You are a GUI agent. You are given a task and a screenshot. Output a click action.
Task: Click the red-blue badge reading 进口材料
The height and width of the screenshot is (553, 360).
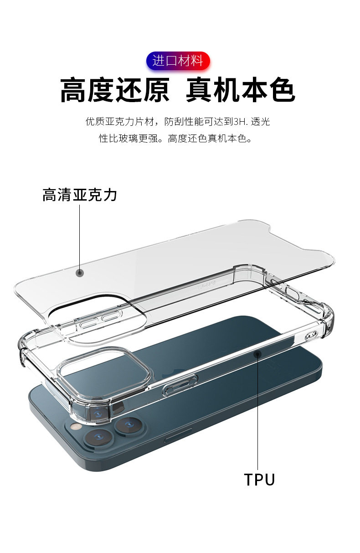pos(178,61)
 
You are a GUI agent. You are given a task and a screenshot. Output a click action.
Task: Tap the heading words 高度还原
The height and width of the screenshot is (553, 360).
pos(115,90)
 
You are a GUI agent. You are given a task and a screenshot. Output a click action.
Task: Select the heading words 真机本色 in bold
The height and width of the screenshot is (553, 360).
pos(241,90)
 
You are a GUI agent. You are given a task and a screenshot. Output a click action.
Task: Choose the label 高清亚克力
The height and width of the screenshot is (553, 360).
pos(80,195)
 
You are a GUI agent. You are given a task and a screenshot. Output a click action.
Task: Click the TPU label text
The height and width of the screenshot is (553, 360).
pos(259,480)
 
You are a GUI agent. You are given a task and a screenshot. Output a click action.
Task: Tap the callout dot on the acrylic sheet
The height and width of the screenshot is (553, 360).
pos(80,273)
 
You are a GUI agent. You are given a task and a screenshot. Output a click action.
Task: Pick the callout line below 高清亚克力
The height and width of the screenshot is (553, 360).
pos(80,237)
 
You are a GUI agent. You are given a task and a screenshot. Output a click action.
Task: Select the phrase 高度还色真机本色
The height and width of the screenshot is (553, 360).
pos(210,138)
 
